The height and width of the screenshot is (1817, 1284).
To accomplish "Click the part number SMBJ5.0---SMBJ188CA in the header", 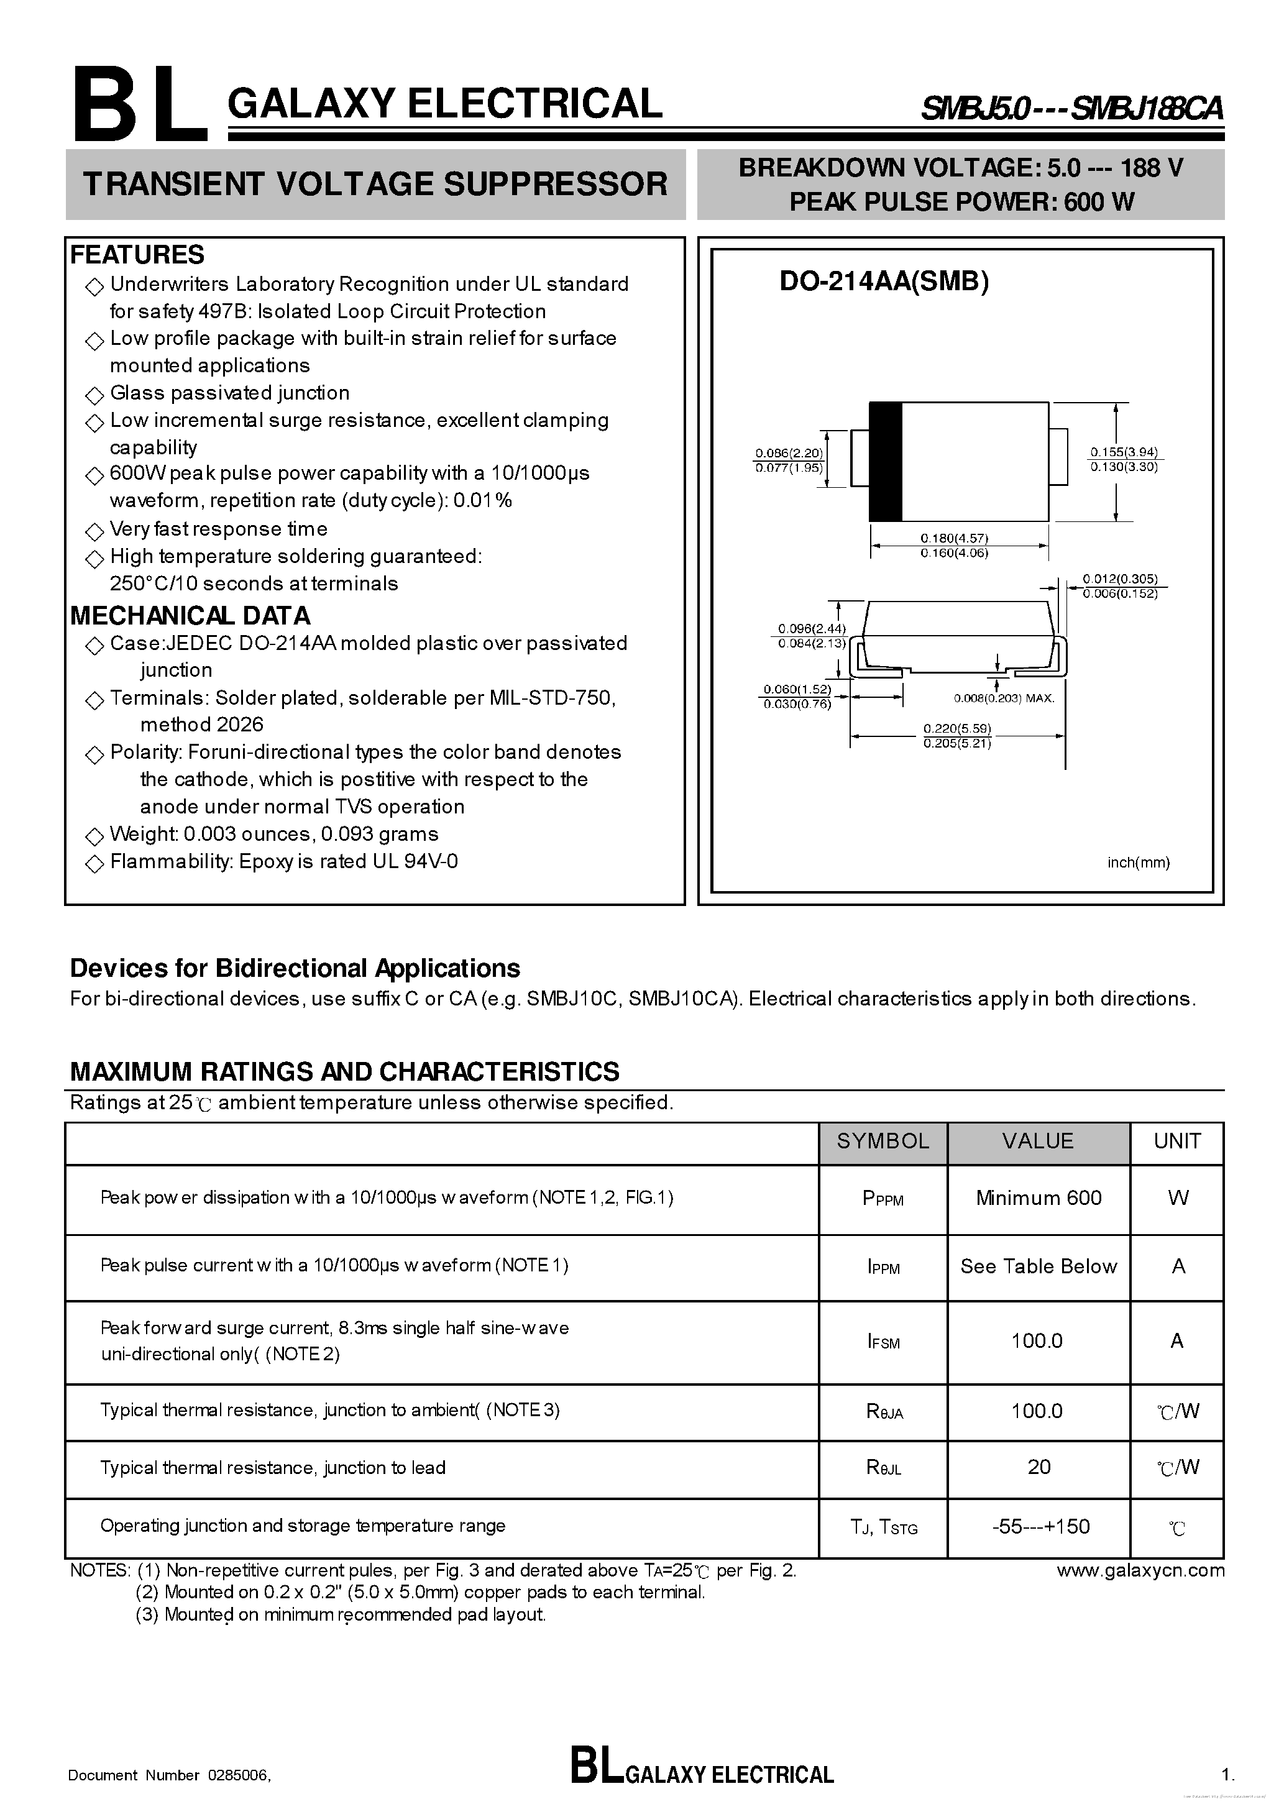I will (1070, 108).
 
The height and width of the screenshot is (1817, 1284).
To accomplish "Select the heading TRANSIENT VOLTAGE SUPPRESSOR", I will (375, 183).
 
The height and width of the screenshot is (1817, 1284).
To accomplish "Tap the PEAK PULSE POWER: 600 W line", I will (961, 203).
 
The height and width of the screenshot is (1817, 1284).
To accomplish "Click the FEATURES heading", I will (137, 255).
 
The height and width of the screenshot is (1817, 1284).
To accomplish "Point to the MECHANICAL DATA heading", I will (190, 616).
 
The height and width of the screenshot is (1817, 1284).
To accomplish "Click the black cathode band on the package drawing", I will (885, 461).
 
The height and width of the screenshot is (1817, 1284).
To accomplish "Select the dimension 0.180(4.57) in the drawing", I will (954, 538).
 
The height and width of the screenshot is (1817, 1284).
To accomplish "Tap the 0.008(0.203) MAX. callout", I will (1003, 698).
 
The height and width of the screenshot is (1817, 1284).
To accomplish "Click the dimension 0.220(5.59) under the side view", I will (957, 728).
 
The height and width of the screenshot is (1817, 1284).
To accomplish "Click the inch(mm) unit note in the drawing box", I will (1137, 863).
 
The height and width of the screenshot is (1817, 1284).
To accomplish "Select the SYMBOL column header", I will (883, 1141).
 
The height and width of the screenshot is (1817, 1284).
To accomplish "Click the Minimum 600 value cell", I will (1038, 1198).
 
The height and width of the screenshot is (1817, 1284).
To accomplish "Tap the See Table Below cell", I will (1038, 1266).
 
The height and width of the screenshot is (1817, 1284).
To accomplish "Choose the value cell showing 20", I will (1038, 1467).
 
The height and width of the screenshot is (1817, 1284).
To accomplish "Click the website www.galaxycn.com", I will (1140, 1570).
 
